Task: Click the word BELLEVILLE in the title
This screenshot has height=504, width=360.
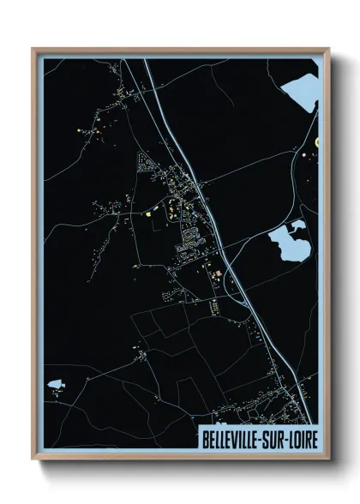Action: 231,438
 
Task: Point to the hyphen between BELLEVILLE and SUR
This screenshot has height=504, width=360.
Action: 261,438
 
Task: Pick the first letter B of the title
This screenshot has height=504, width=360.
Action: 204,438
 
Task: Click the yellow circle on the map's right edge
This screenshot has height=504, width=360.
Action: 316,141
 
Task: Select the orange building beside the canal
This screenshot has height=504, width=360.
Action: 215,274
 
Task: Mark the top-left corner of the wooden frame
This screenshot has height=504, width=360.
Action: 33,49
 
